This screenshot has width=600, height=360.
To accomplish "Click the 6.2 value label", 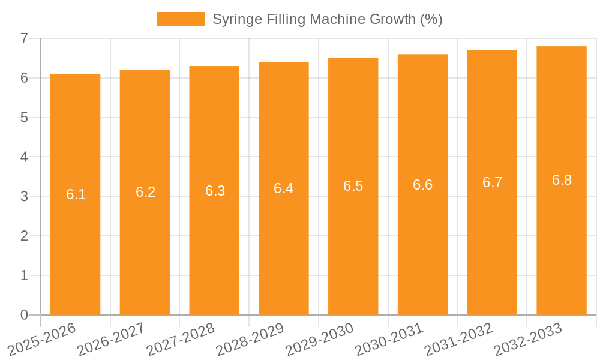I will (x=145, y=192).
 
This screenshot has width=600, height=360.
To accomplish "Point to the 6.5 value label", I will (x=353, y=186).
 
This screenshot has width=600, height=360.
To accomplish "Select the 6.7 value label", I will (x=492, y=182).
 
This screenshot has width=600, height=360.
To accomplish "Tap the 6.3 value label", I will (x=215, y=191).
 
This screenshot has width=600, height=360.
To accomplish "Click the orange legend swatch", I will (x=181, y=19).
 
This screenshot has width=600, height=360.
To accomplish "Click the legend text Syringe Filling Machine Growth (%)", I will (x=327, y=19).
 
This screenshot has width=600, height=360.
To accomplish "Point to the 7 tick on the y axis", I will (x=24, y=38).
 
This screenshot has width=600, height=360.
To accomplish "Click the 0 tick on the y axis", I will (x=24, y=315).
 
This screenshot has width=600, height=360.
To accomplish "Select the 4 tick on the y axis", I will (x=24, y=157).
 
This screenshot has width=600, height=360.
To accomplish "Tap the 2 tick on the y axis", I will (x=24, y=236).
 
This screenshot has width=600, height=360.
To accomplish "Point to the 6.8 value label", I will (x=562, y=180).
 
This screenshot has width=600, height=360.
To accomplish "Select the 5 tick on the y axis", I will (x=24, y=118).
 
